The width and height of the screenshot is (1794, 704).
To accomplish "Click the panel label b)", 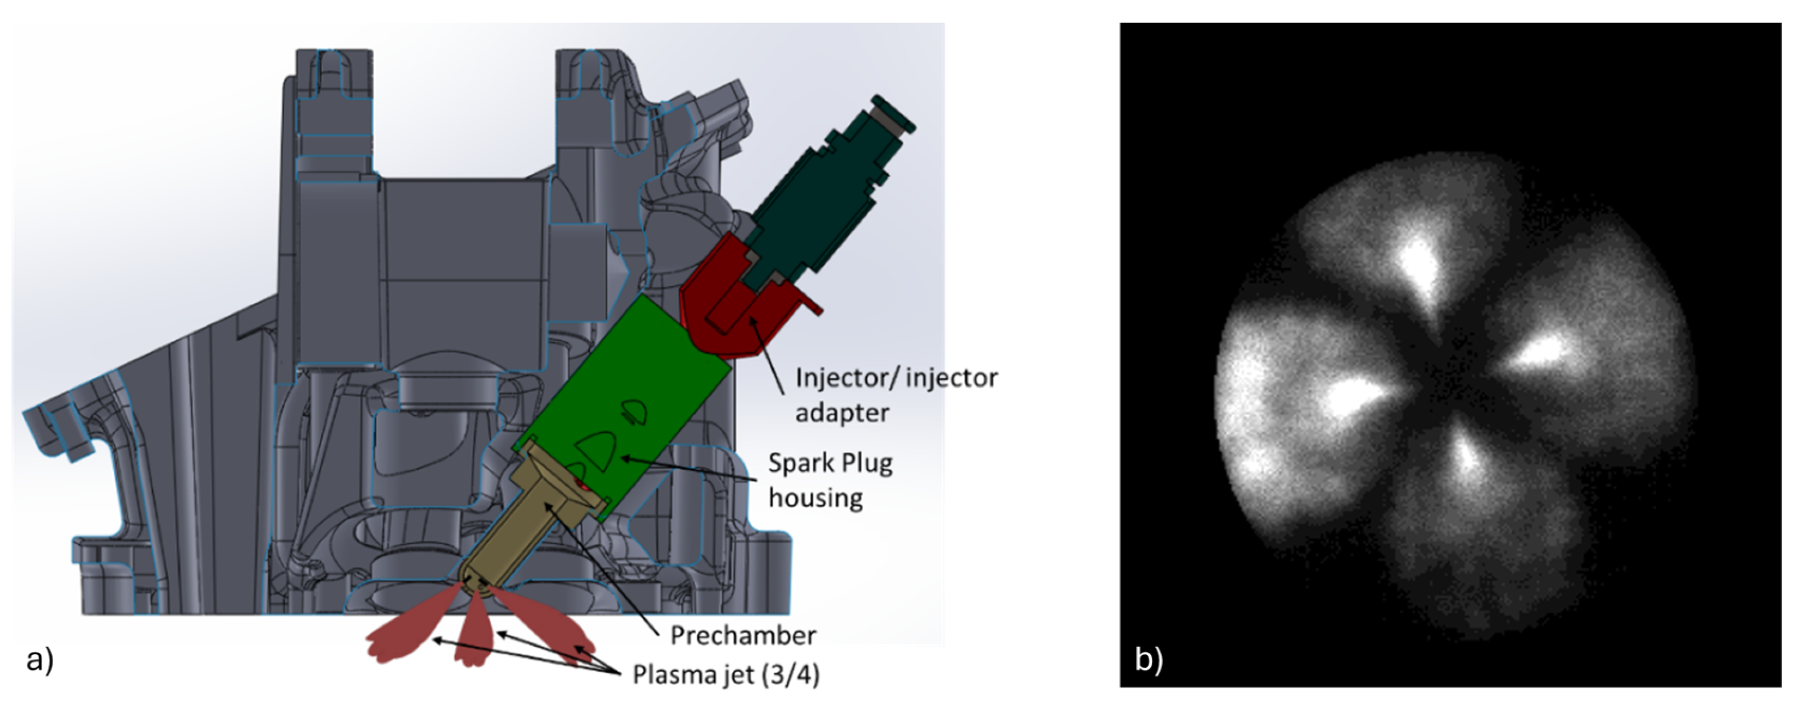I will point(1149,659).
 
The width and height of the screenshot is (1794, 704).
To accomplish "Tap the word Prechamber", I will point(742,635).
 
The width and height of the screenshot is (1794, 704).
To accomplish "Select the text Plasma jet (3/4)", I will point(726,674).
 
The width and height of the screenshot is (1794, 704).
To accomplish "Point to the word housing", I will point(815,498).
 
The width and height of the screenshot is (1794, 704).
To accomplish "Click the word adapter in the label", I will point(842,413).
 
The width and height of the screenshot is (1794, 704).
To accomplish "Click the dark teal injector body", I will point(822,195).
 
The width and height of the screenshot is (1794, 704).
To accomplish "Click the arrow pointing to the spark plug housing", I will point(690,470).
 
